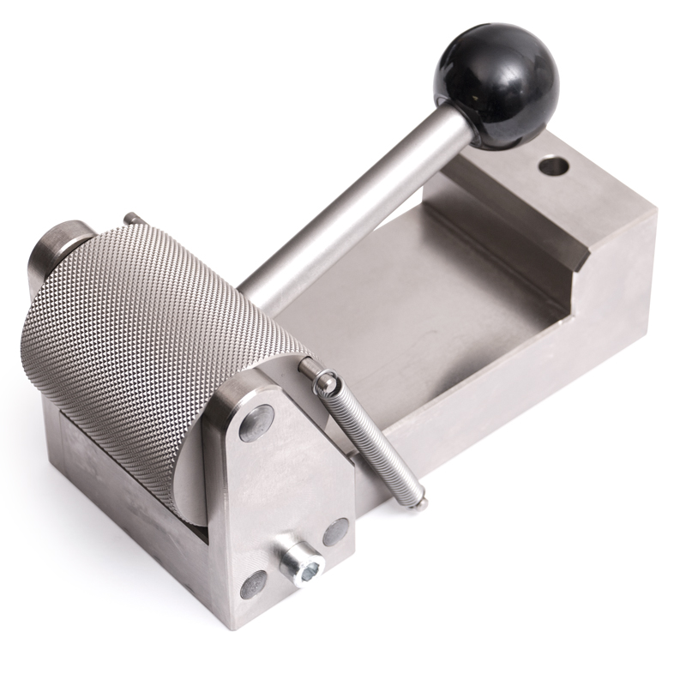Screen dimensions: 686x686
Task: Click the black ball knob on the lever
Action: coord(496,85)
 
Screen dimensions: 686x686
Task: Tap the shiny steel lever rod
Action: coord(360,206)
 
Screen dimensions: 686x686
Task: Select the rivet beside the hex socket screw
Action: coord(335,532)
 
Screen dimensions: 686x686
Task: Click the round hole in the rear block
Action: coord(553,162)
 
